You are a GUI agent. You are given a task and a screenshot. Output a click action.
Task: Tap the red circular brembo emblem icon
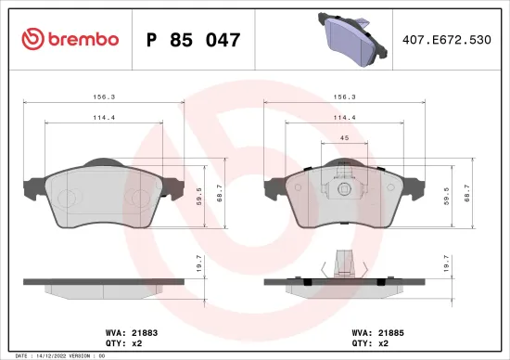[x=32, y=39]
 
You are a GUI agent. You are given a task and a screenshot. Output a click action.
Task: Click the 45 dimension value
[x=343, y=138]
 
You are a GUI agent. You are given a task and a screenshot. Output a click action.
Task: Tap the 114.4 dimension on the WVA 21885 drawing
[x=343, y=117]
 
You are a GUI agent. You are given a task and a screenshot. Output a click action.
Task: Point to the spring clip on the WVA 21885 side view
[x=342, y=264]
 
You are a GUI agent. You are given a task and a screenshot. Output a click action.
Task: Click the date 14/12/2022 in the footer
[x=52, y=355]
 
